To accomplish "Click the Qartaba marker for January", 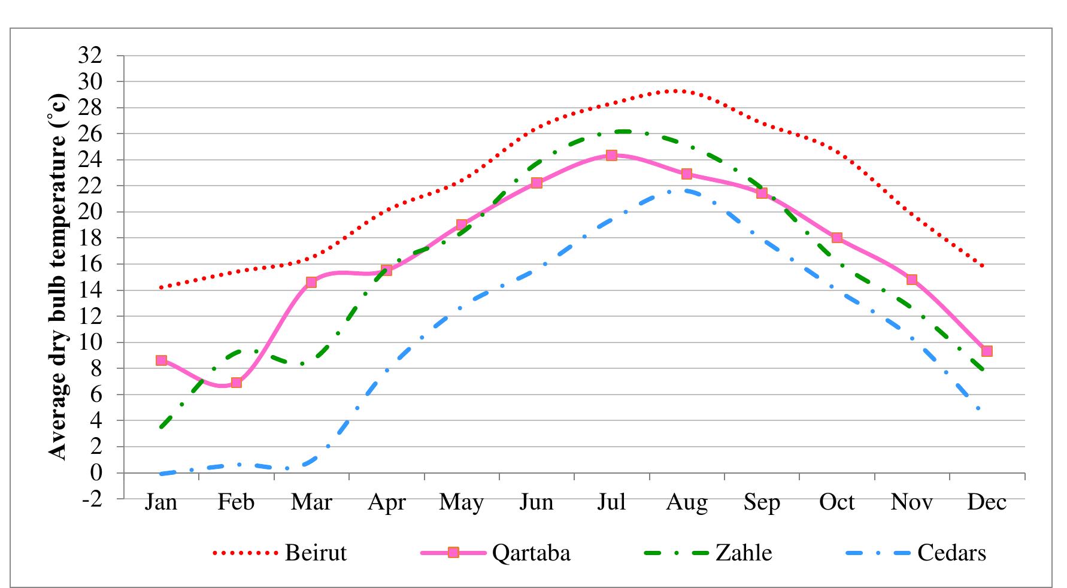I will point(161,360).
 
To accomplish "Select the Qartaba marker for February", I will point(236,382).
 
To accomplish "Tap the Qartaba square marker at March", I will point(311,282).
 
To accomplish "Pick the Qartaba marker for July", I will point(611,155).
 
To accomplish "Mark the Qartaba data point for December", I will point(987,351).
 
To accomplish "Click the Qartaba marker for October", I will point(836,238).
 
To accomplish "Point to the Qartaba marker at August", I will point(686,174).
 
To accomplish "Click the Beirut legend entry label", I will point(316,552).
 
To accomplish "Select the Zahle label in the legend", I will point(744,552).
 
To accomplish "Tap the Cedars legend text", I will point(951,552).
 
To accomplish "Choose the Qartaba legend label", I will point(531,552).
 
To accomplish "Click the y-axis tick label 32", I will point(90,56).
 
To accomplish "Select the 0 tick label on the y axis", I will point(96,473).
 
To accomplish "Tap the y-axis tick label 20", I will point(90,212).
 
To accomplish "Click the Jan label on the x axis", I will point(161,502).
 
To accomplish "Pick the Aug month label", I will point(686,502).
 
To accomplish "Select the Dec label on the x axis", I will point(987,502).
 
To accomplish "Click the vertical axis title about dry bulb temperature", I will point(58,277).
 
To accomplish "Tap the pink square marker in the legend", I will point(453,552).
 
